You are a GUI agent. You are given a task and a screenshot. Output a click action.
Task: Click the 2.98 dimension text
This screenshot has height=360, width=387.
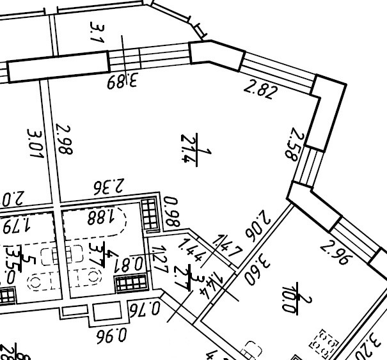pos(64,139)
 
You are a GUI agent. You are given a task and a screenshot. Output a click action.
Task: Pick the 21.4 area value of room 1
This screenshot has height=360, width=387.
pos(189,148)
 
